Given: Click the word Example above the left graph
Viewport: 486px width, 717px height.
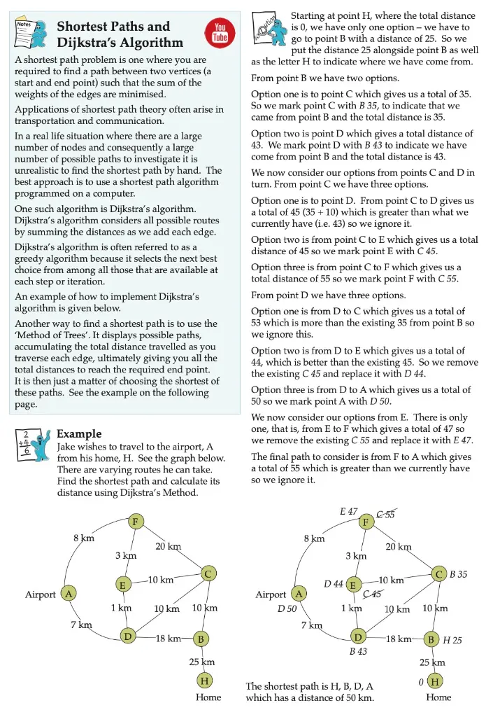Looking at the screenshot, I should tap(78, 434).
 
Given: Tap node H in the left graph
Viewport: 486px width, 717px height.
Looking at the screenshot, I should tap(204, 680).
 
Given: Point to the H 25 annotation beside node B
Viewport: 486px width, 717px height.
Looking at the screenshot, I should tap(452, 640).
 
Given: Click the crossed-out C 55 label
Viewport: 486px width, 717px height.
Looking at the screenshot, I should tap(385, 515).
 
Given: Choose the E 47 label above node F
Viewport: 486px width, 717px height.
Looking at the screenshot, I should tap(349, 512).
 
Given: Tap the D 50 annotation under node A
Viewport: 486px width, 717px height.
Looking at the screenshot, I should tap(287, 609).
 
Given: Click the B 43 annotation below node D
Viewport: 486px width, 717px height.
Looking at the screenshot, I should tap(359, 651).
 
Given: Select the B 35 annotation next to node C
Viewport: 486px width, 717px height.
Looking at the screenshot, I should tap(458, 574).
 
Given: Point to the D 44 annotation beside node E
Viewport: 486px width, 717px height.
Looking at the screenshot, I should tap(333, 584).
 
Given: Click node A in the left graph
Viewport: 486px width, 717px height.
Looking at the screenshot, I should tap(69, 594).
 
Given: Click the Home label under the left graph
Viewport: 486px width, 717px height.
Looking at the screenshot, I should tap(208, 697).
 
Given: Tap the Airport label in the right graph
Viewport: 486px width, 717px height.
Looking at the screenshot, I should tap(271, 594).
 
